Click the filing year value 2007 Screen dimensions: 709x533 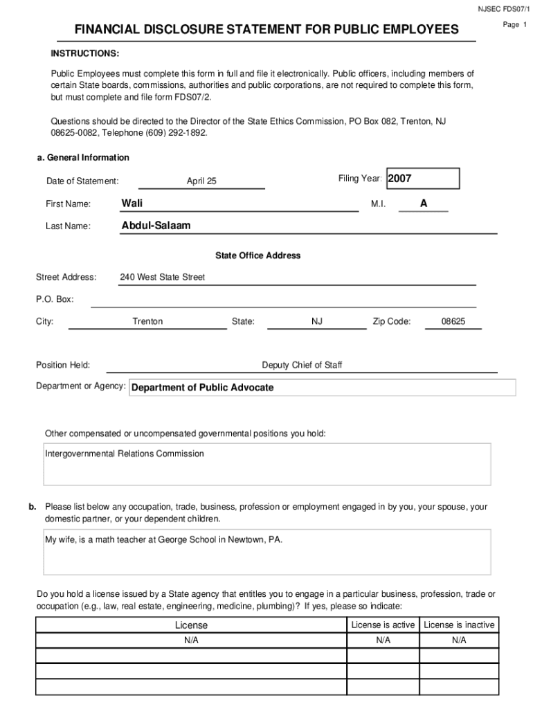coord(400,179)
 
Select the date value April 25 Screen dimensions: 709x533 coord(201,181)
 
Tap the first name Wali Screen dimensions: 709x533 coord(132,203)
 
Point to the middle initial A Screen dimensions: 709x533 coord(424,203)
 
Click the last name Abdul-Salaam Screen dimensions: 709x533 coord(156,226)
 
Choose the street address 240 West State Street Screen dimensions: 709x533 coord(163,277)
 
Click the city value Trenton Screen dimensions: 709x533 coord(147,321)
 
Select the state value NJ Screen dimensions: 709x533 coord(317,321)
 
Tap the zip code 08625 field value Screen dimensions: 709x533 coord(453,321)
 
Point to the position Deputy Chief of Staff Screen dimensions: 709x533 coord(302,365)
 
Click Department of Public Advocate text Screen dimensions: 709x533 coord(203,388)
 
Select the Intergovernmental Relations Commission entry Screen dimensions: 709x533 coord(125,454)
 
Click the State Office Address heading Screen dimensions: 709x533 coord(258,255)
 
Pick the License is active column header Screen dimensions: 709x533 coord(383,625)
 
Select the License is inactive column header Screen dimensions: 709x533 coord(459,625)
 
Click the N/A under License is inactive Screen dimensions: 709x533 coord(459,640)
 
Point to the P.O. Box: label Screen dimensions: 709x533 coord(55,299)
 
